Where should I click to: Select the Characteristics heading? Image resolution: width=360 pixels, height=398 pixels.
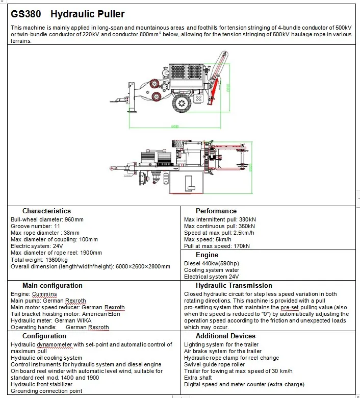tap(46, 211)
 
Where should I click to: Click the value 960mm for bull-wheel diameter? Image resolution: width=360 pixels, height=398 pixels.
tap(73, 219)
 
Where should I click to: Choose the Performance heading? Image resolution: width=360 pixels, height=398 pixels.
tap(216, 211)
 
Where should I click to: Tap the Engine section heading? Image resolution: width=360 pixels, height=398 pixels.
tap(207, 255)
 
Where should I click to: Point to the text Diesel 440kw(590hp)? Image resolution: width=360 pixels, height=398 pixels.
tap(211, 263)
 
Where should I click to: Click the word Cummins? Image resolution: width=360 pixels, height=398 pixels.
tap(45, 294)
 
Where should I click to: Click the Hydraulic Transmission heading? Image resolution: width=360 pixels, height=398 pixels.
tap(234, 286)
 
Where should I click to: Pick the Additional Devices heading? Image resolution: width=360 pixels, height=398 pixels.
tap(225, 336)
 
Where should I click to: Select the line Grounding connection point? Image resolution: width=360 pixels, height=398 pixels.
tap(46, 391)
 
